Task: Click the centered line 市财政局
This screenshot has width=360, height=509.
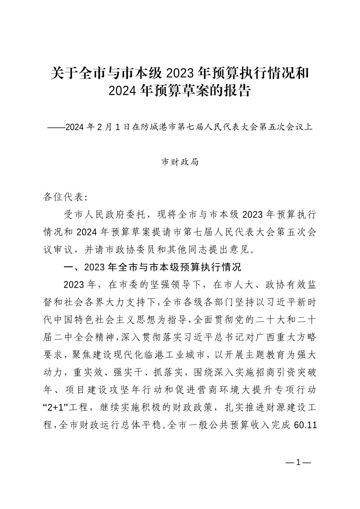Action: tap(180, 162)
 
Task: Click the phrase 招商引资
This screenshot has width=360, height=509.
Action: tap(261, 372)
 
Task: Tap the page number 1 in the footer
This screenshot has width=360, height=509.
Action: tap(298, 463)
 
